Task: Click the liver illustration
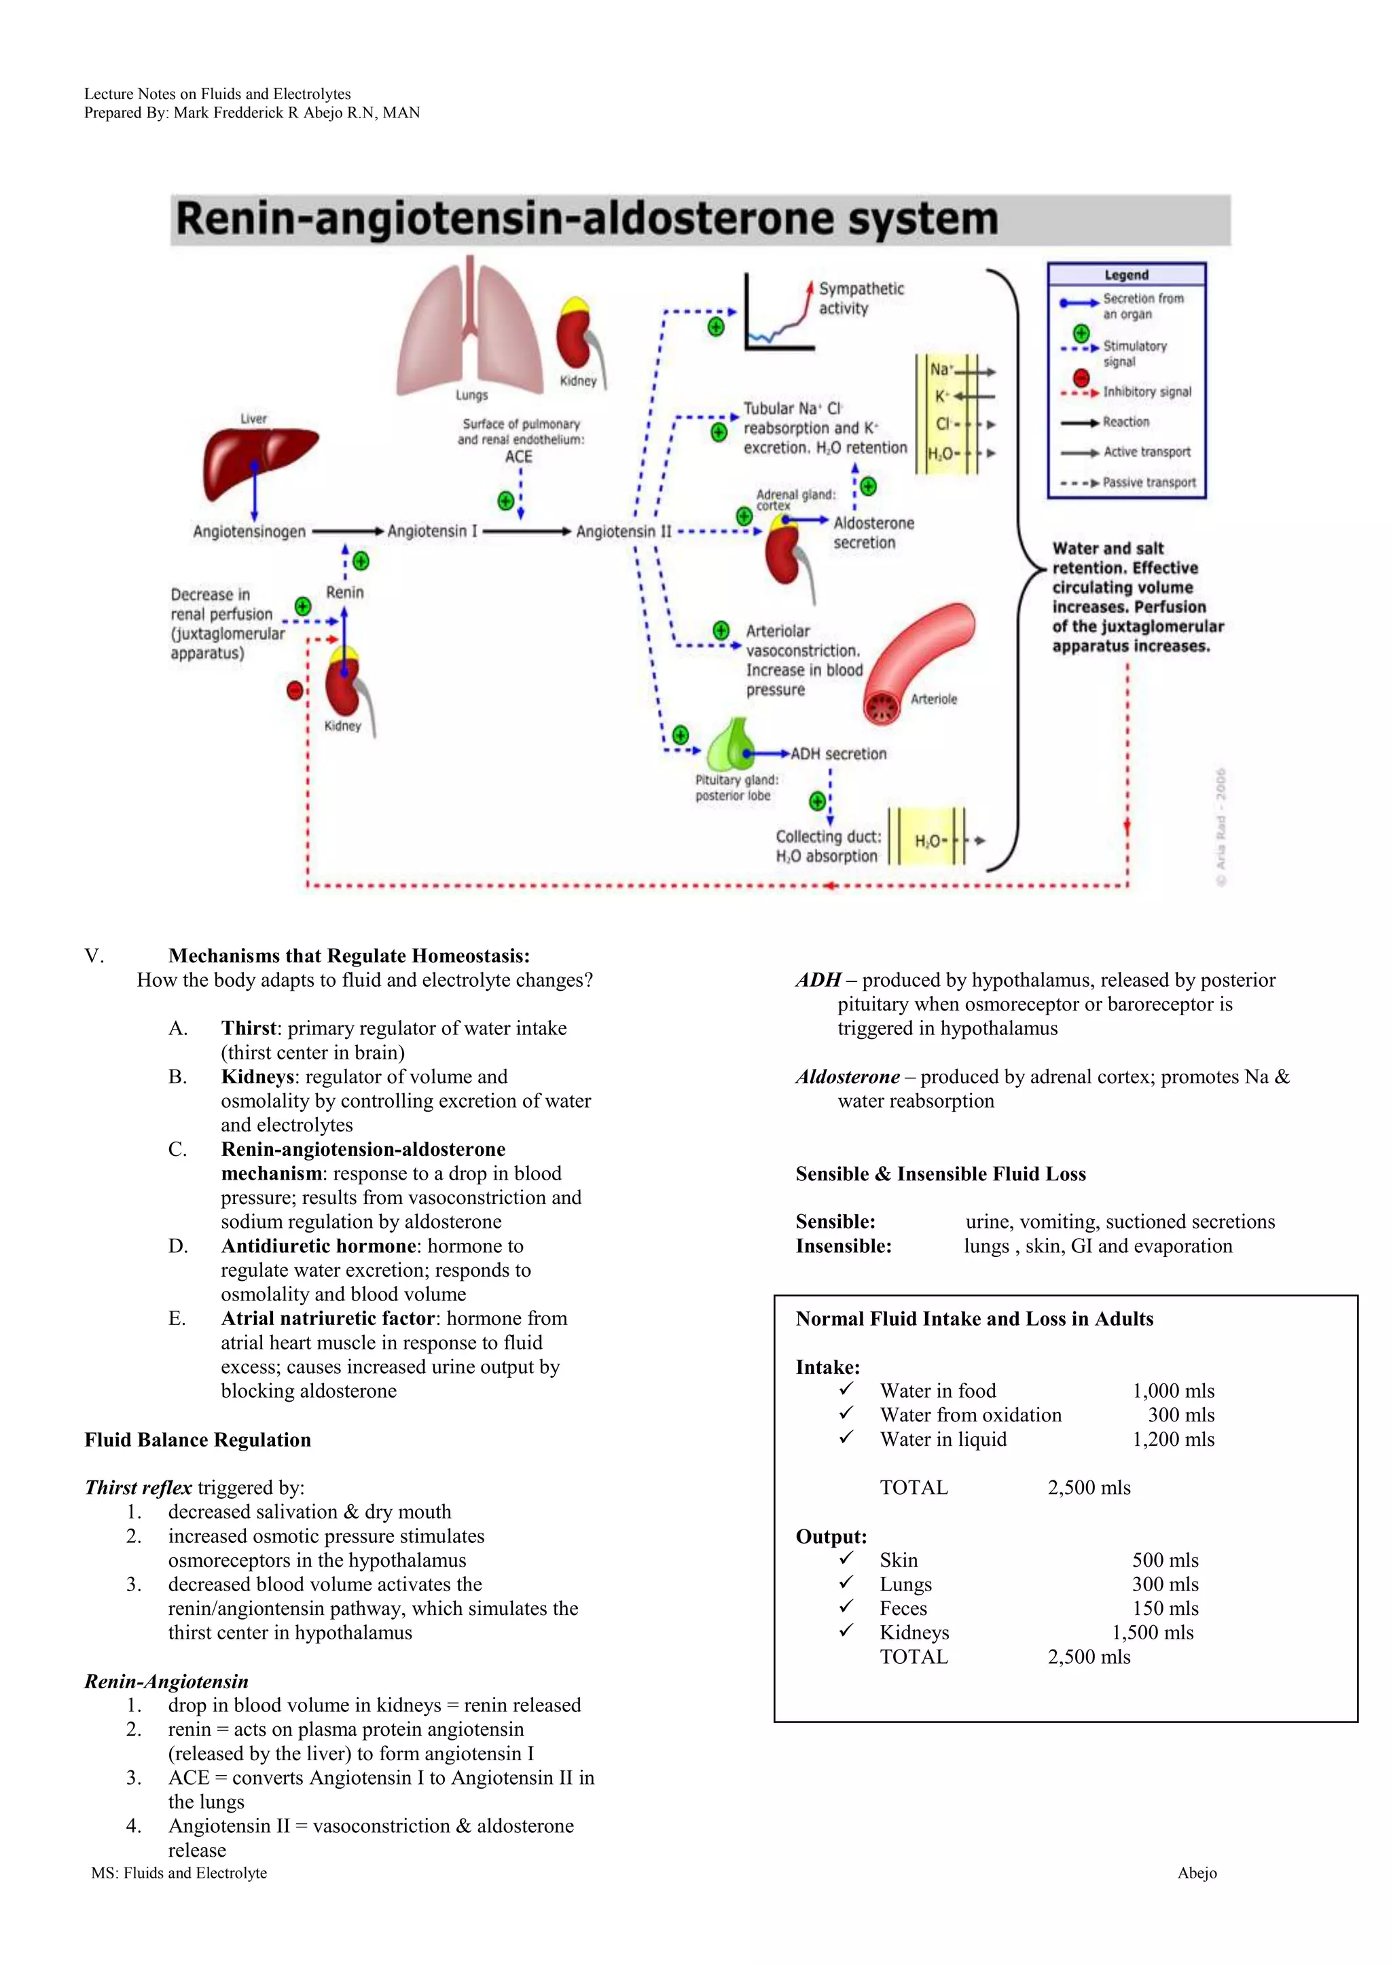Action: tap(257, 462)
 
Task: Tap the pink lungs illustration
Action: tap(469, 329)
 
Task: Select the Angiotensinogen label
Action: tap(249, 532)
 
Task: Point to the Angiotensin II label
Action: tap(624, 532)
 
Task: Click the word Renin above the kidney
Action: tap(344, 593)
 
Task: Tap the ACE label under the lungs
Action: tap(518, 457)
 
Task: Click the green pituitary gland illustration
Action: tap(731, 745)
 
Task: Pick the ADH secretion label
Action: tap(839, 754)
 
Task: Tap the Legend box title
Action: tap(1126, 275)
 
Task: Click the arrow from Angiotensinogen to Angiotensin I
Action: tap(347, 532)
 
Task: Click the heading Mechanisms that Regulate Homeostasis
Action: tap(348, 956)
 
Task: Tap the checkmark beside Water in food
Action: tap(846, 1388)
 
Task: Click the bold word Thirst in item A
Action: tap(249, 1028)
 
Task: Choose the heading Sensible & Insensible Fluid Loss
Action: tap(941, 1174)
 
